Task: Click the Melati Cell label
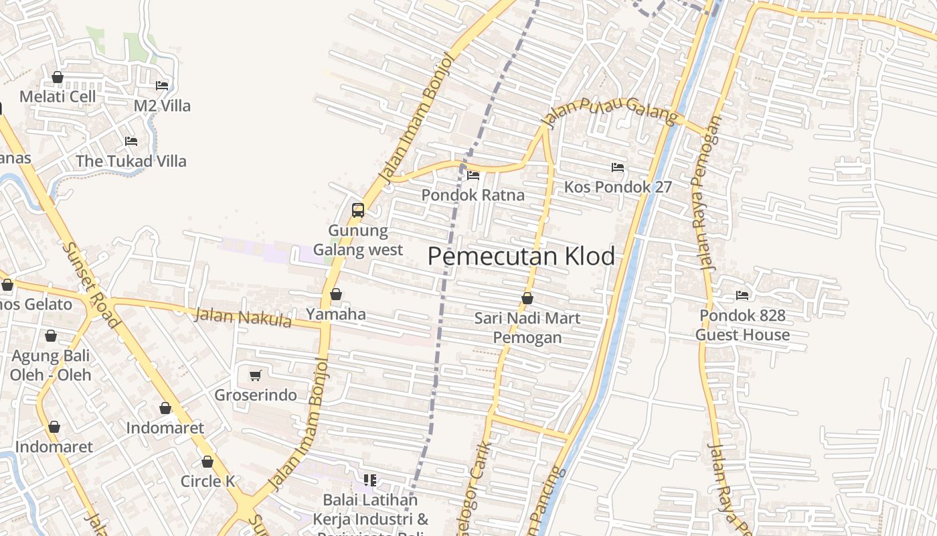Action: [58, 96]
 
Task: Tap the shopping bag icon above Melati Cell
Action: [58, 78]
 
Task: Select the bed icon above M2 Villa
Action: [162, 86]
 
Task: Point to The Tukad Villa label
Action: [131, 161]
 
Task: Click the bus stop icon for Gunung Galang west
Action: [358, 210]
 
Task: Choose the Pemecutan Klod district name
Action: [521, 257]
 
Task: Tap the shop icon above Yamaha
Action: [336, 294]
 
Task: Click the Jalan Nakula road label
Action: [243, 317]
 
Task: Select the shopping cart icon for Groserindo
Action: [255, 376]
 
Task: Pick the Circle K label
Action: [208, 481]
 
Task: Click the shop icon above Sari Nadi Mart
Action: [527, 298]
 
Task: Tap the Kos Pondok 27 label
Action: [618, 187]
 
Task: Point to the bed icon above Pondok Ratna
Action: [473, 176]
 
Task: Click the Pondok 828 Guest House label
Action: [742, 325]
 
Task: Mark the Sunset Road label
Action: [90, 284]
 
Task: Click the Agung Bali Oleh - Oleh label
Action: [51, 365]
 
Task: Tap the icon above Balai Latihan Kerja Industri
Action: [370, 480]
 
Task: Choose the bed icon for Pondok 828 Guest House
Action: [742, 295]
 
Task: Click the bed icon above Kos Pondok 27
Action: [618, 167]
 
